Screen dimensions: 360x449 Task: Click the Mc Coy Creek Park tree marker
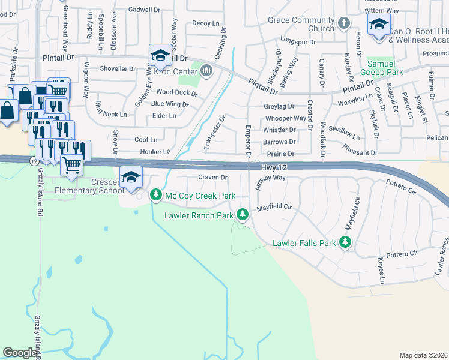click(156, 194)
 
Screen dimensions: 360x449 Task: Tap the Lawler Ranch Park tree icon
click(242, 214)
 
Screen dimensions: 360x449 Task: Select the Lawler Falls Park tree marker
click(345, 242)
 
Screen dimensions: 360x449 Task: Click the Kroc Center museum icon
click(208, 71)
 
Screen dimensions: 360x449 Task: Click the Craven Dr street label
click(213, 178)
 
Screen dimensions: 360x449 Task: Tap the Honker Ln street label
click(155, 152)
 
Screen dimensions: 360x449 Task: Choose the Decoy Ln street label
click(206, 23)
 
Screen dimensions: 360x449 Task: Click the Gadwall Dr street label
click(145, 10)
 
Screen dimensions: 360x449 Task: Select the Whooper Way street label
click(285, 119)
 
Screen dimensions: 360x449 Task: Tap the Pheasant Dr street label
click(360, 153)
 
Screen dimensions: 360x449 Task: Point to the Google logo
click(20, 353)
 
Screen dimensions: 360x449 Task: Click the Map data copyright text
click(423, 355)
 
